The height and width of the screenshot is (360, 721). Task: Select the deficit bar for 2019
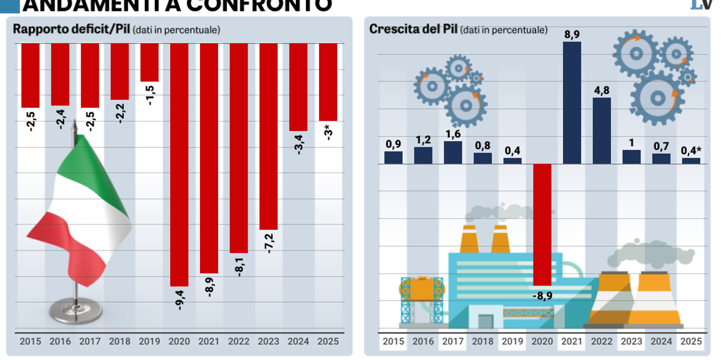tap(150, 63)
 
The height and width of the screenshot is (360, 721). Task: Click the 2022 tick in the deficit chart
tap(239, 341)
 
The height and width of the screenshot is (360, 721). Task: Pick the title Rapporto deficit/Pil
tap(71, 29)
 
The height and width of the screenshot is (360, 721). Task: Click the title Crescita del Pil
tap(413, 29)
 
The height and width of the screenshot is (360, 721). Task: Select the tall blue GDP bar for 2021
tap(572, 102)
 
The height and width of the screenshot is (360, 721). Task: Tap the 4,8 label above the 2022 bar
tap(601, 90)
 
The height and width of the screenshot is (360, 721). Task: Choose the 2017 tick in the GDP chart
tap(453, 341)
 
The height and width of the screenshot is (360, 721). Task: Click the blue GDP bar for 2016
tap(423, 155)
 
